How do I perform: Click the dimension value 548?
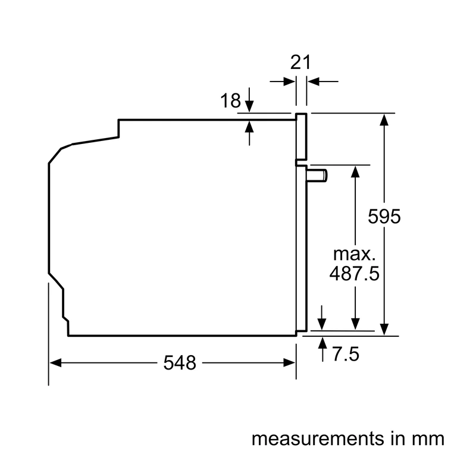tap(180, 363)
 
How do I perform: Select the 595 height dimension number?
tap(384, 217)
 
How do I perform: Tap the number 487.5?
tap(354, 274)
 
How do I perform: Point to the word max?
tap(354, 255)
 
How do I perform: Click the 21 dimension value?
tap(300, 62)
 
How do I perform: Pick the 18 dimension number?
tap(230, 101)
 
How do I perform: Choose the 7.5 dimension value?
tap(346, 354)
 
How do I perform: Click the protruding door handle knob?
tap(317, 176)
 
